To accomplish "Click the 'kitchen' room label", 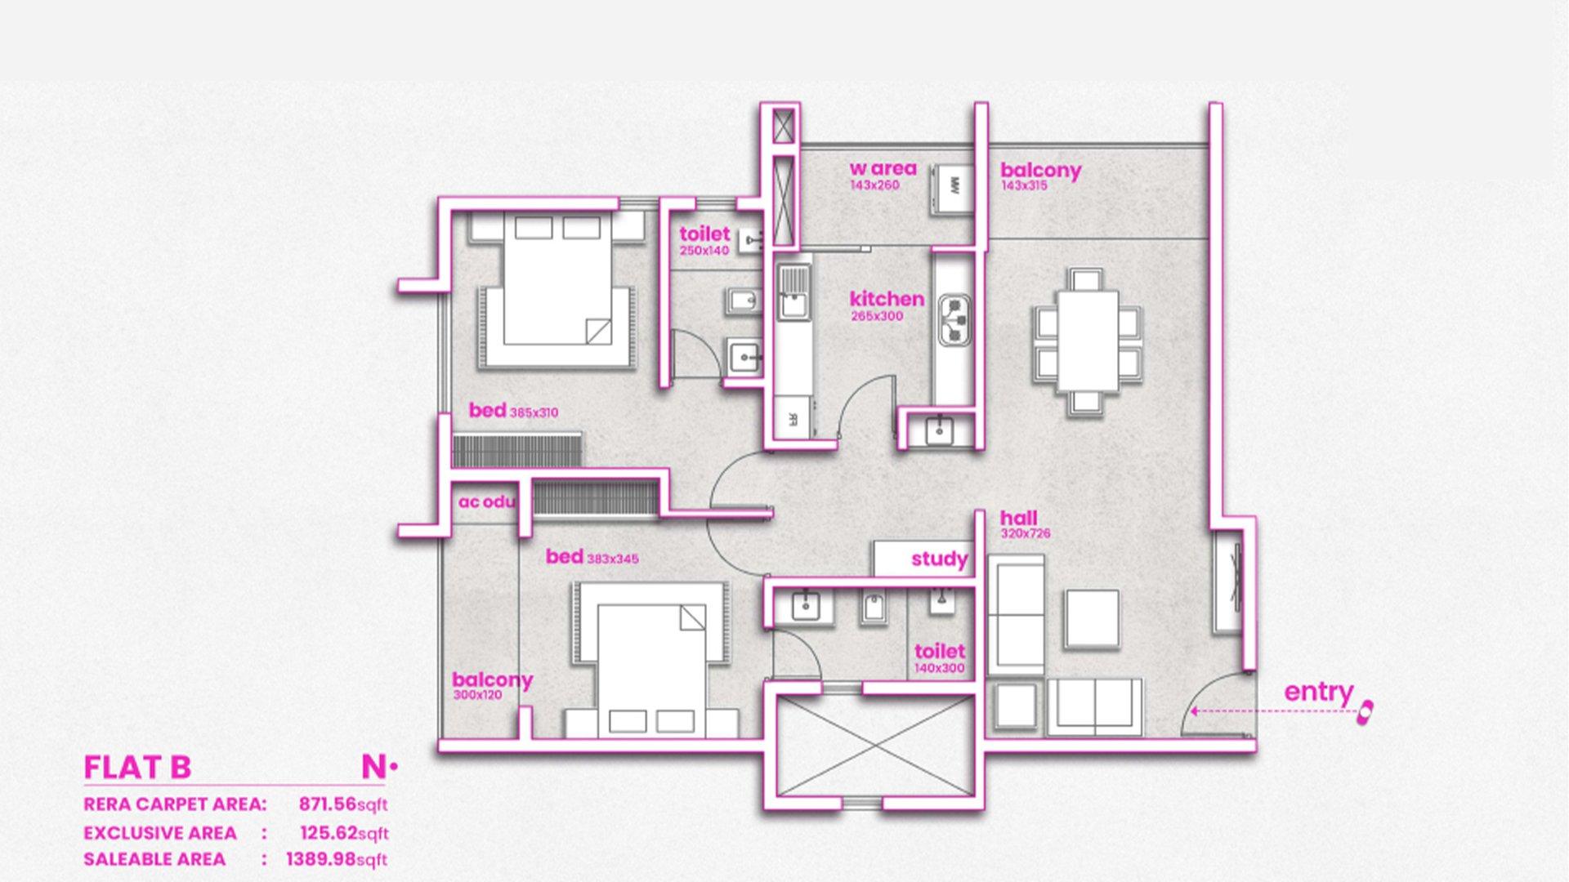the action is pyautogui.click(x=887, y=299).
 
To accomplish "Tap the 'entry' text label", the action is pyautogui.click(x=1318, y=693).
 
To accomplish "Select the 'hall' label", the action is pyautogui.click(x=1018, y=518).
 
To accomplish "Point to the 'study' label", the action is pyautogui.click(x=940, y=559).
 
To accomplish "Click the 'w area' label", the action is pyautogui.click(x=883, y=168).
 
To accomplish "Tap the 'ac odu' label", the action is pyautogui.click(x=487, y=501).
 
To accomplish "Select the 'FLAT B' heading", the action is pyautogui.click(x=137, y=768).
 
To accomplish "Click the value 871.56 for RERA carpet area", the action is pyautogui.click(x=328, y=804).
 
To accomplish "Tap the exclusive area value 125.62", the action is pyautogui.click(x=329, y=833).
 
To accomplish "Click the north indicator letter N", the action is pyautogui.click(x=373, y=767).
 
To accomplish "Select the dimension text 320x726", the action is pyautogui.click(x=1026, y=533).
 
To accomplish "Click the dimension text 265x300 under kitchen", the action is pyautogui.click(x=877, y=316).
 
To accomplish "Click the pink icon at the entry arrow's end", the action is pyautogui.click(x=1364, y=712).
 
